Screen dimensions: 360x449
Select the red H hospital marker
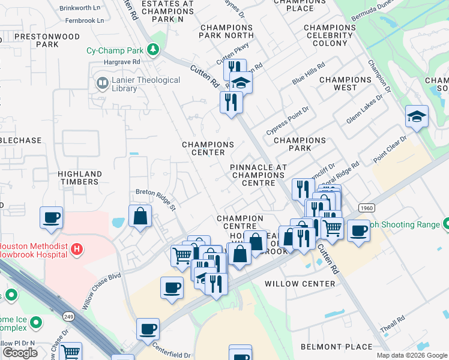[x=76, y=248]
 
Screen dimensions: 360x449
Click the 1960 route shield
[x=367, y=208]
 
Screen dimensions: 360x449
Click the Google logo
[x=20, y=352]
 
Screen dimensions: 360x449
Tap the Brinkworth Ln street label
[x=80, y=8]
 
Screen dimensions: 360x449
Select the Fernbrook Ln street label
[x=83, y=20]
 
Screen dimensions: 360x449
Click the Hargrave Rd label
[x=121, y=62]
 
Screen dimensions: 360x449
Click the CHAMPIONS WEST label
[x=345, y=83]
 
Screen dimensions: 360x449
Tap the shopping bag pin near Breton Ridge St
[x=140, y=217]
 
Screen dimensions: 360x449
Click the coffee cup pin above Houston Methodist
[x=52, y=218]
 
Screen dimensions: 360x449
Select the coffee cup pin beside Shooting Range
[x=359, y=230]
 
